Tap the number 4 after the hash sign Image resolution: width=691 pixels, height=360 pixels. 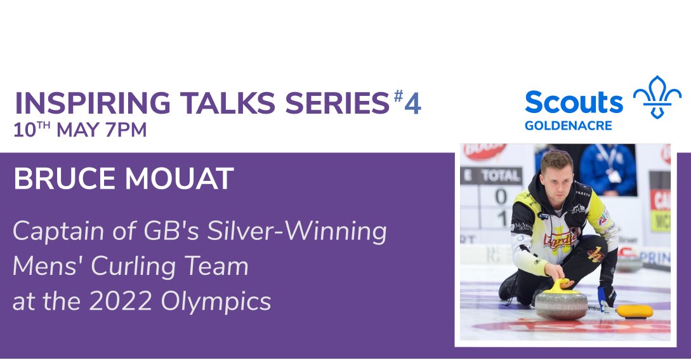click(412, 103)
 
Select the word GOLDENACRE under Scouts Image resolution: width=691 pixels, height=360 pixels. click(568, 126)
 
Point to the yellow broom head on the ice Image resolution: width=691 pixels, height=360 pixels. click(634, 310)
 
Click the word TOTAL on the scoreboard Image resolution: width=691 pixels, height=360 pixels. click(501, 176)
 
